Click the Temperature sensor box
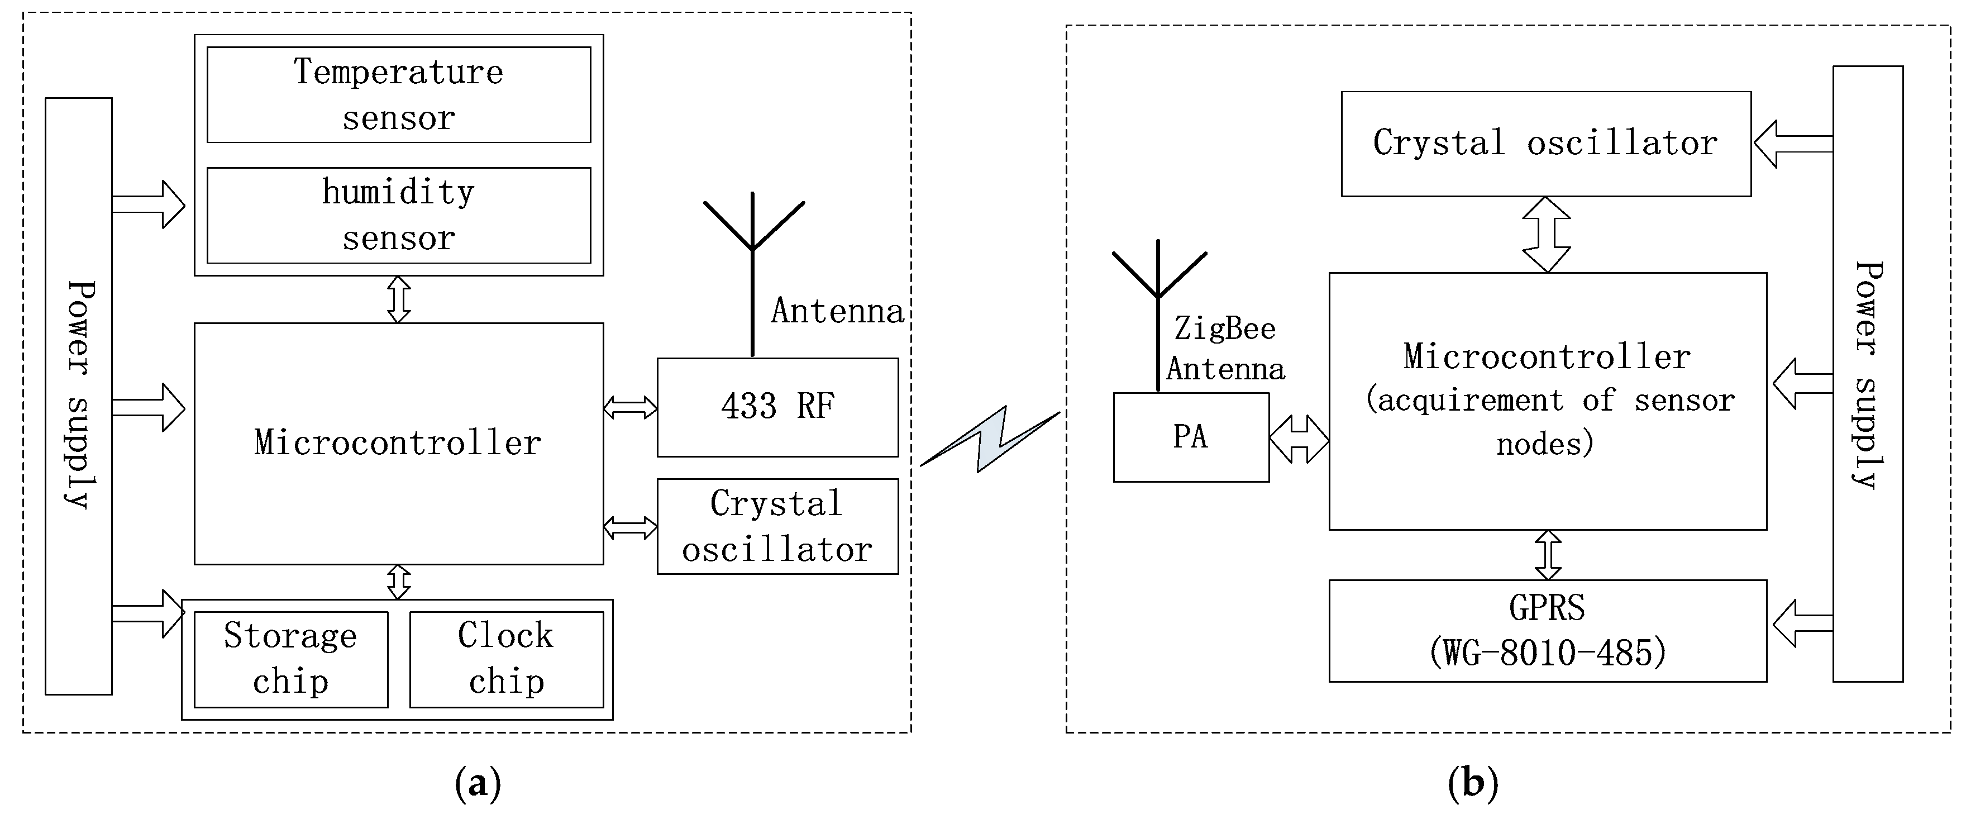click(398, 94)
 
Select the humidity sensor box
click(398, 215)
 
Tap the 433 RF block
click(777, 407)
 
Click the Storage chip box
click(291, 659)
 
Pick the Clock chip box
click(506, 659)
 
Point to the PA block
click(1191, 437)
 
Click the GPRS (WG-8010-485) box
click(1547, 631)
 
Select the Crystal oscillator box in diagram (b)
click(1545, 144)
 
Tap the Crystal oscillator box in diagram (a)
click(777, 526)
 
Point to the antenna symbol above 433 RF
click(752, 252)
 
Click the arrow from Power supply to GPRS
click(1801, 623)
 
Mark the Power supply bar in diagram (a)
click(79, 396)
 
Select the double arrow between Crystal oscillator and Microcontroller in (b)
click(1546, 234)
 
